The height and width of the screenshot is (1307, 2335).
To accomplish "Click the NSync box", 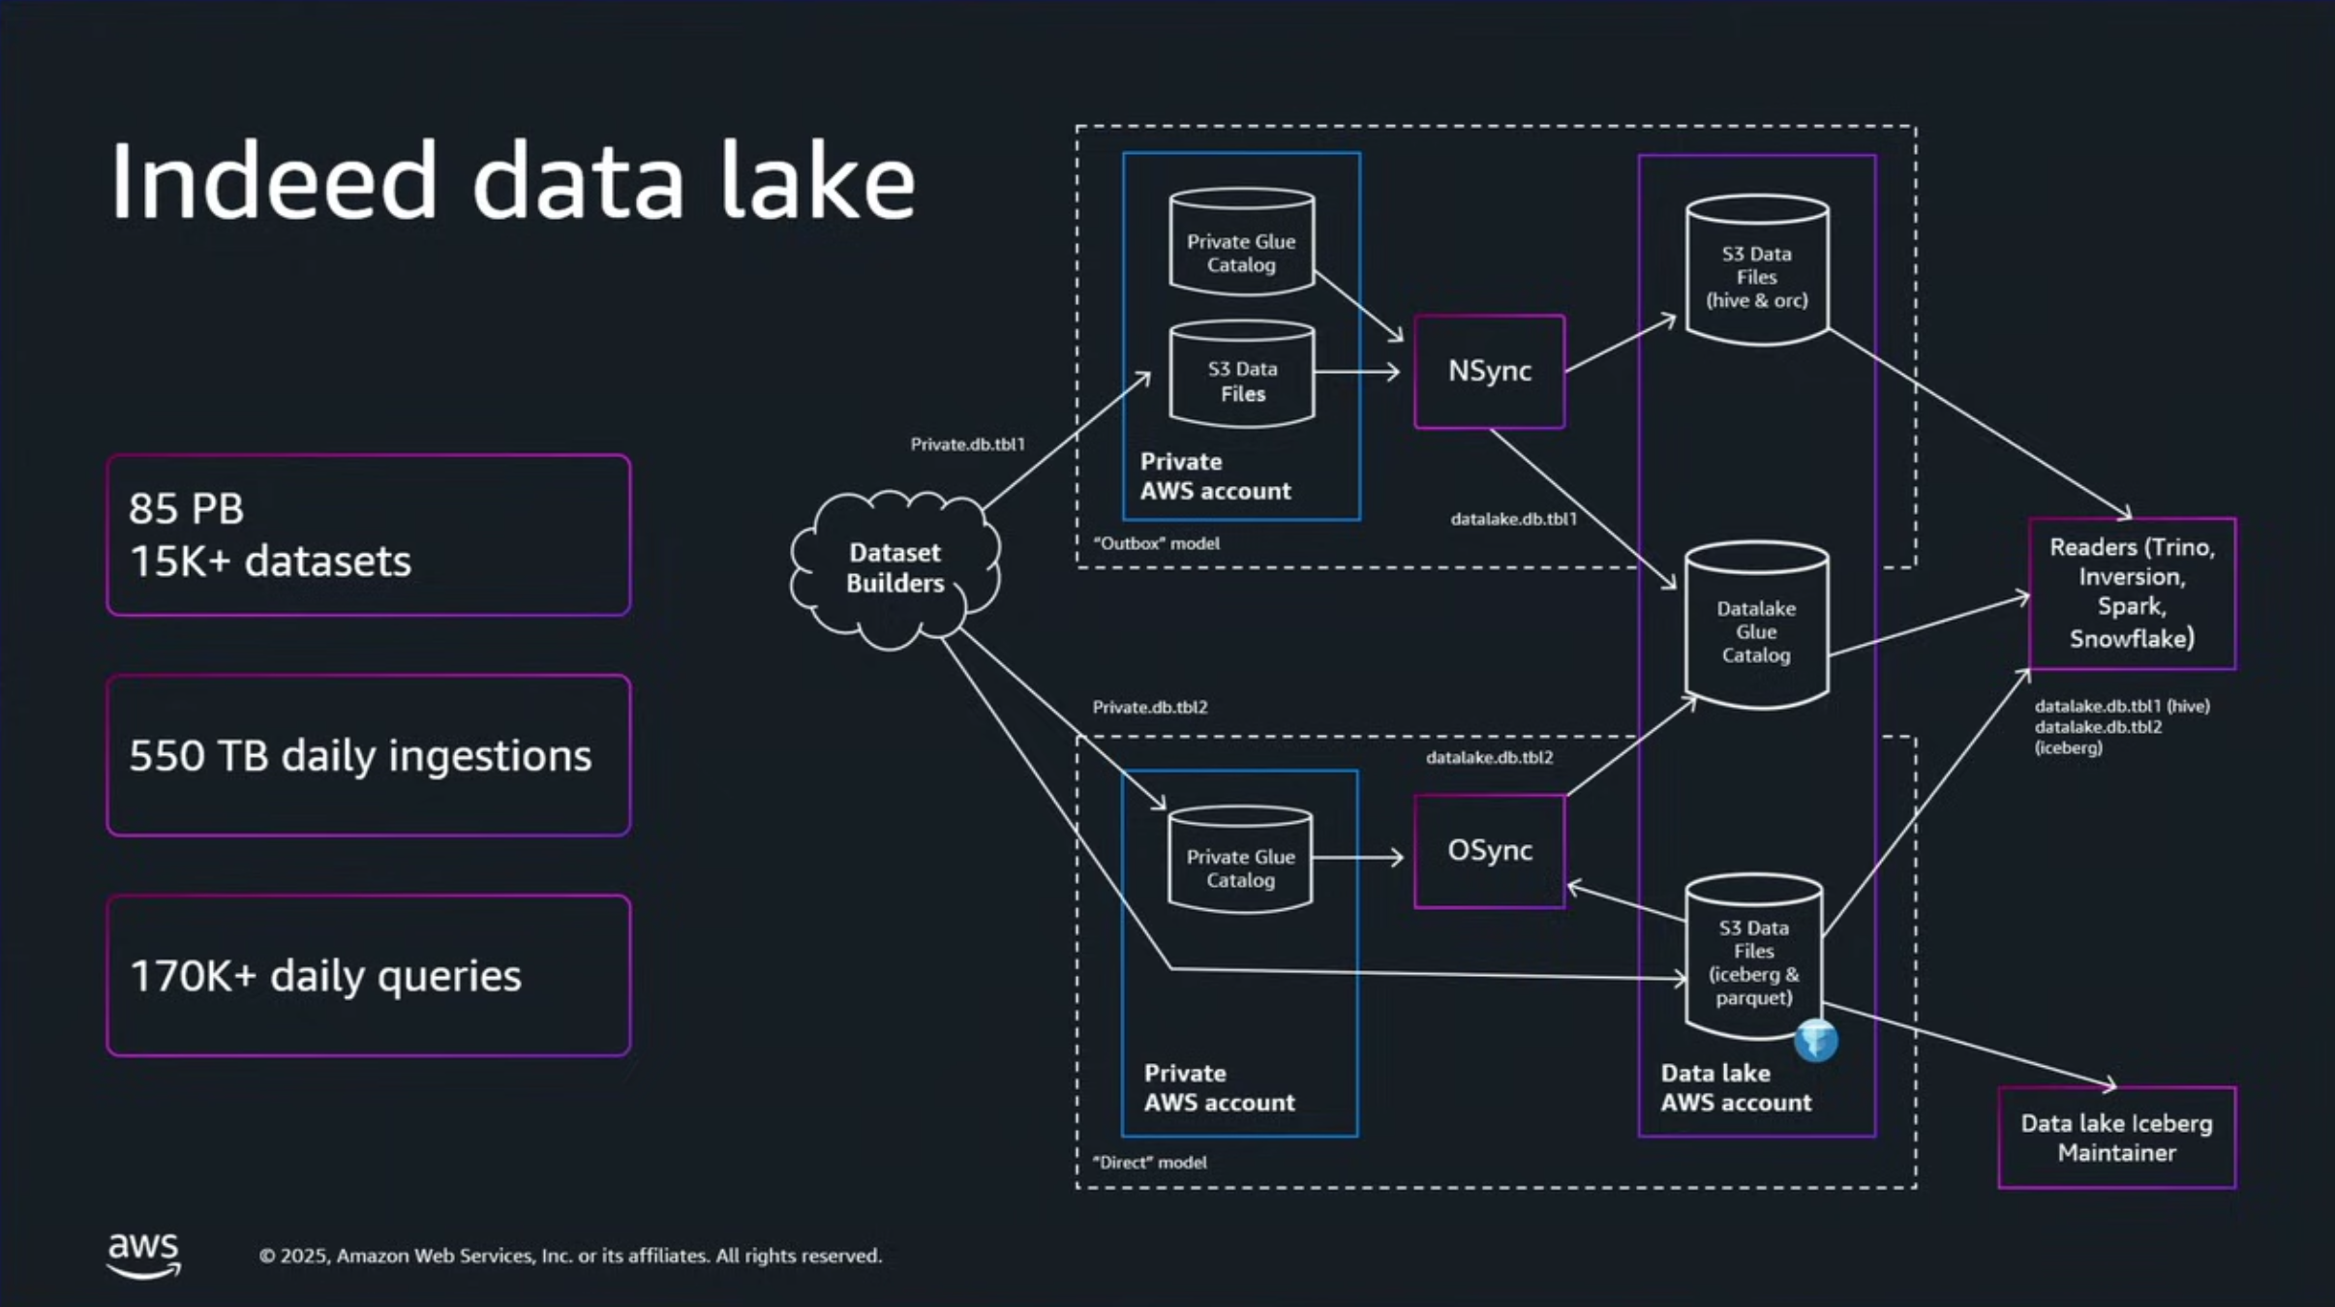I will point(1489,371).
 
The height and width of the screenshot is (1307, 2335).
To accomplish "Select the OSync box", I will point(1489,851).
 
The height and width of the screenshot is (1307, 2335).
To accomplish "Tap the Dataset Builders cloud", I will point(895,568).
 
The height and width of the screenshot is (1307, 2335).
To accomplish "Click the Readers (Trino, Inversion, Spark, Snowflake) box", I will point(2132,593).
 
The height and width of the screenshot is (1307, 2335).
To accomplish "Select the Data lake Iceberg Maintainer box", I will point(2116,1138).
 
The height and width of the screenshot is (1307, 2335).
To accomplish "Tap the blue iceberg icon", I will point(1815,1041).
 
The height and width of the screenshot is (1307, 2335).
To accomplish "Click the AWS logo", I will point(143,1255).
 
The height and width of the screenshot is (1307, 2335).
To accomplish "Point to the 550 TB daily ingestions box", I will point(369,755).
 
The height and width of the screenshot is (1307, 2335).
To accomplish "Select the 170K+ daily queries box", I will point(369,975).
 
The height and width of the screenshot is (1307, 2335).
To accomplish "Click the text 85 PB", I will point(187,508).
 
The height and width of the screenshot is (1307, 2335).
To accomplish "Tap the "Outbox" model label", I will point(1156,543).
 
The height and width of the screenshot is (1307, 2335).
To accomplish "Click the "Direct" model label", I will point(1149,1162).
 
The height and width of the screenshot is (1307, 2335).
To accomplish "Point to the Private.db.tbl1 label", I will point(967,444).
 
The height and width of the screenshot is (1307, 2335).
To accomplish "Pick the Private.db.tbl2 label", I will point(1150,707).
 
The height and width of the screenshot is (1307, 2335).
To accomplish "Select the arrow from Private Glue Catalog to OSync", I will point(1358,857).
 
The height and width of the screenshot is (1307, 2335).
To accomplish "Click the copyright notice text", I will point(570,1256).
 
